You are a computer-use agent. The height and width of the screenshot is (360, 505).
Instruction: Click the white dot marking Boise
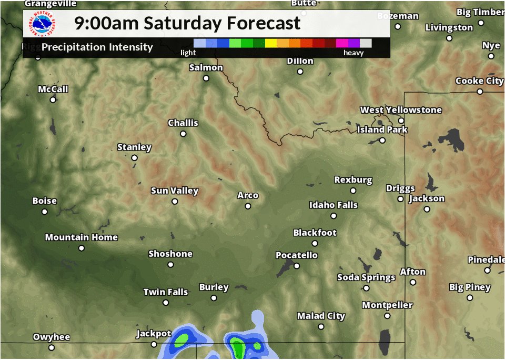tap(45, 212)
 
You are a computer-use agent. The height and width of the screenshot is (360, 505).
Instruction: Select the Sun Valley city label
tap(174, 191)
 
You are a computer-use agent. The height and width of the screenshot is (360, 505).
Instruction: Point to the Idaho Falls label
tap(333, 205)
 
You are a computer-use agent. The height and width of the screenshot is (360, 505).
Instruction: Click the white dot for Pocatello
tap(297, 266)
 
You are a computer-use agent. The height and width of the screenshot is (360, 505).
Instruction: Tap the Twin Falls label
tap(165, 292)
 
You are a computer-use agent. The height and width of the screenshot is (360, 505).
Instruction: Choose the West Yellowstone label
tap(401, 110)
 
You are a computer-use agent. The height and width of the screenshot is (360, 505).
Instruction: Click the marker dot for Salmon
tap(206, 78)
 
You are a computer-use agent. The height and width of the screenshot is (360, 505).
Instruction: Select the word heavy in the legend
tap(353, 53)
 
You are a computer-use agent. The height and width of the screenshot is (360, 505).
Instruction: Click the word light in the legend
tap(188, 53)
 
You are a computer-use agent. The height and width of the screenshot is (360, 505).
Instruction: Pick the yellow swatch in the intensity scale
tap(271, 43)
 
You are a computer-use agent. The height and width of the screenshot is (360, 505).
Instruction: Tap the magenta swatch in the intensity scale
tap(342, 43)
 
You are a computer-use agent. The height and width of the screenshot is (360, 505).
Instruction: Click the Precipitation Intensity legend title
tap(97, 47)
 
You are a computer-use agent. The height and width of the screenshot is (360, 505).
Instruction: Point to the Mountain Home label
tap(81, 237)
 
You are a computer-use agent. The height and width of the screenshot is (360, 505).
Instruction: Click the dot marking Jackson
tap(427, 209)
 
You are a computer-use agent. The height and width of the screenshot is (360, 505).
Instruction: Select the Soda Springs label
tap(366, 277)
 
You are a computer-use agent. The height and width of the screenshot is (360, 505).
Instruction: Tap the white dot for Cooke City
tap(480, 92)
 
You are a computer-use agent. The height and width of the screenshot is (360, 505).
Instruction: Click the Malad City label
tap(321, 316)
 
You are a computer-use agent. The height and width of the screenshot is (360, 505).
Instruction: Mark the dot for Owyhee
tap(52, 347)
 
